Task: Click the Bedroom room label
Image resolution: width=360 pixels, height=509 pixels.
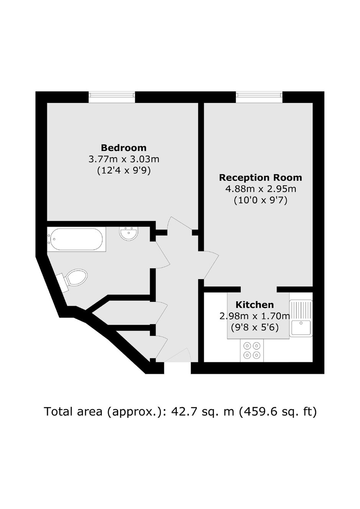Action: tap(124, 148)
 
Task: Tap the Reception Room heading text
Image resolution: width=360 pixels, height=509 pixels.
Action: tap(260, 177)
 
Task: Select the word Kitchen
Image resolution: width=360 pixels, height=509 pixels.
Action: tap(255, 304)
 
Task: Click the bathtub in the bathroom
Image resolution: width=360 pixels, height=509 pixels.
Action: tap(77, 239)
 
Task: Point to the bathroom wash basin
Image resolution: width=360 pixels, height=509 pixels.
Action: tap(129, 234)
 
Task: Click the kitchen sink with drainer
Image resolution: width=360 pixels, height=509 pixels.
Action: tap(301, 318)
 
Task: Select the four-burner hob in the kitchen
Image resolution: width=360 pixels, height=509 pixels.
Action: tap(252, 350)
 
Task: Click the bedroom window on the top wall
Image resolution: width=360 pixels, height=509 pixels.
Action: tap(111, 97)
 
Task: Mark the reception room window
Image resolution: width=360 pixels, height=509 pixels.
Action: tap(259, 97)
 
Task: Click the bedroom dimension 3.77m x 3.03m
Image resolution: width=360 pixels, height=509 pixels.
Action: tap(124, 159)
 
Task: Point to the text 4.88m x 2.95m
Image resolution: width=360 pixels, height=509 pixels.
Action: tap(261, 189)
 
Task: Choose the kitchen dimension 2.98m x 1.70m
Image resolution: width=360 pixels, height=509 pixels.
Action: tap(255, 316)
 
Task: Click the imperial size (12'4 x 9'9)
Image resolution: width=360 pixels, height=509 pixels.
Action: tap(124, 170)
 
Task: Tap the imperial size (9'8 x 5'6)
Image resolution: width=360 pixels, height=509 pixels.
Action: tap(255, 327)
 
